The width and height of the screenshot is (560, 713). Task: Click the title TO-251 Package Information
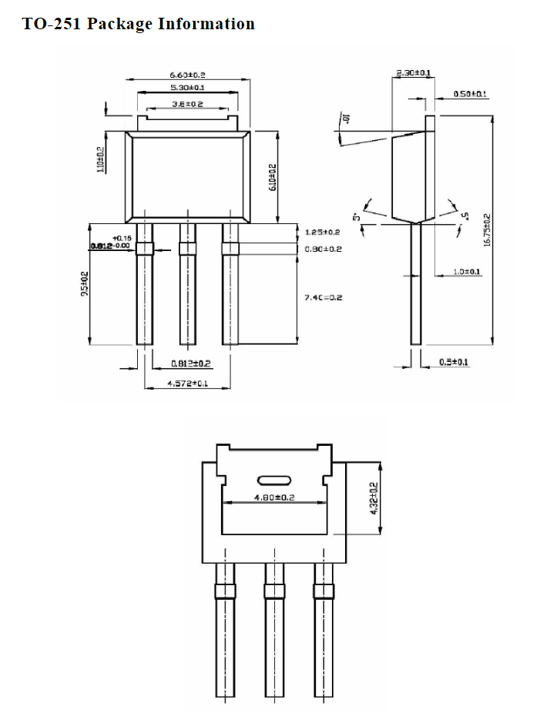click(x=139, y=24)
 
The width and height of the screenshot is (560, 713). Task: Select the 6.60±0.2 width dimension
click(x=187, y=75)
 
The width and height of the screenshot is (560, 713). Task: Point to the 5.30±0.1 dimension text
click(x=187, y=89)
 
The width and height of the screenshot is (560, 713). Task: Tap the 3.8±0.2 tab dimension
click(x=187, y=104)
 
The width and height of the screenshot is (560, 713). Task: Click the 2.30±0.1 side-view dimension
click(x=413, y=73)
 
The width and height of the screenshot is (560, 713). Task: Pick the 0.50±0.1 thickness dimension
click(x=470, y=94)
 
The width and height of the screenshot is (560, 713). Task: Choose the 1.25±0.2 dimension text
click(x=322, y=232)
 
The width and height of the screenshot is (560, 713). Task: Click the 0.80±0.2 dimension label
click(x=322, y=249)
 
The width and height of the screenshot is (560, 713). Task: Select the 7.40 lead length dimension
click(x=322, y=296)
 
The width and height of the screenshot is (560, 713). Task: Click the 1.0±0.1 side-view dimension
click(x=467, y=272)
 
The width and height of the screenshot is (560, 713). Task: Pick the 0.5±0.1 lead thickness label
click(x=454, y=361)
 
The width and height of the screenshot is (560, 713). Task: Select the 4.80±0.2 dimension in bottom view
click(x=275, y=497)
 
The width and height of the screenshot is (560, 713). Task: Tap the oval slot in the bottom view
click(x=275, y=479)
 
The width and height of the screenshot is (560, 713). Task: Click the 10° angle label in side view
click(x=346, y=119)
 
